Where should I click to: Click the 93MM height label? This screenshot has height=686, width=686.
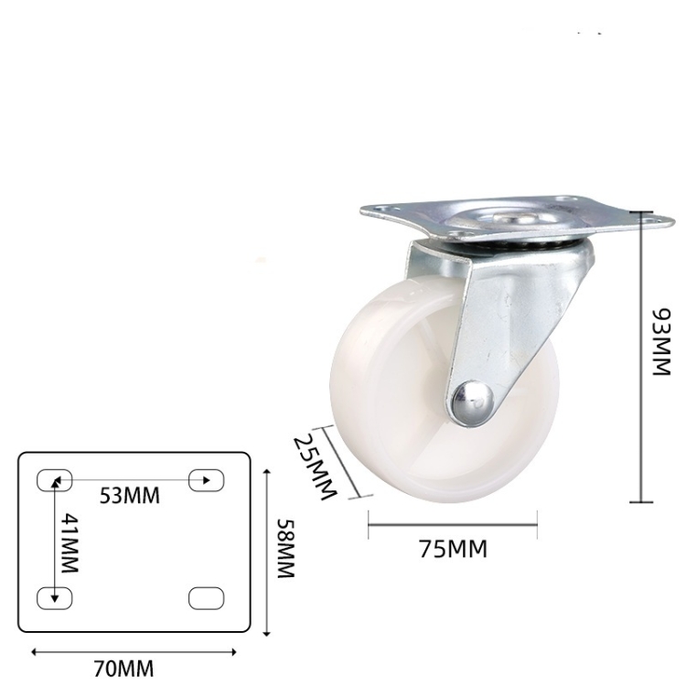660,342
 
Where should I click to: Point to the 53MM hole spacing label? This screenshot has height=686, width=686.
129,496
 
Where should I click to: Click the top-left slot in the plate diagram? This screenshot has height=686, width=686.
53,479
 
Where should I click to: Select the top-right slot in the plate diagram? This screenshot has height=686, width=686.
206,479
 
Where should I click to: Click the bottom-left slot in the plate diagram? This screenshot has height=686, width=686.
53,598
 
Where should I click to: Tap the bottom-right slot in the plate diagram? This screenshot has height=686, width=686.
206,598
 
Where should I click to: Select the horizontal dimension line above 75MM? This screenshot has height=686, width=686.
452,524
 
